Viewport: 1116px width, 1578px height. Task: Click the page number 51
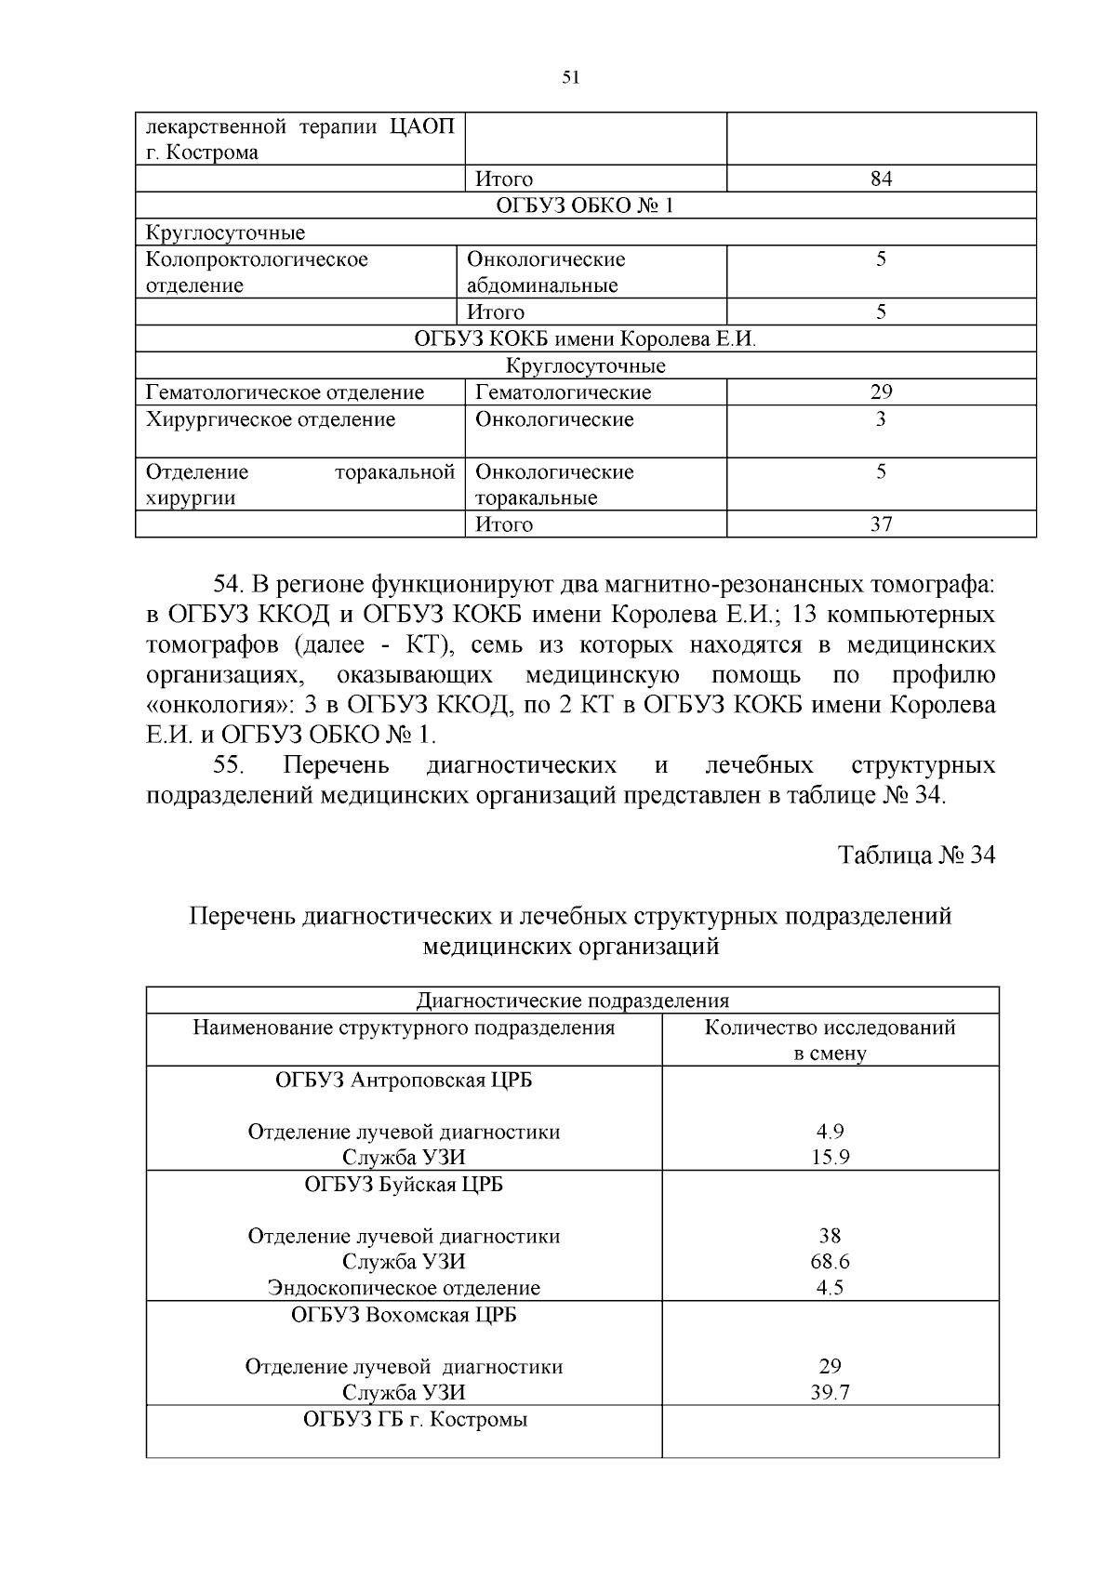click(x=571, y=78)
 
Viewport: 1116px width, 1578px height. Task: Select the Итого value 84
click(x=881, y=179)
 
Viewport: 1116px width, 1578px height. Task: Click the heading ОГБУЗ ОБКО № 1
click(x=586, y=206)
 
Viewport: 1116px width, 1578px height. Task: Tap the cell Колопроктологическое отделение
click(x=258, y=272)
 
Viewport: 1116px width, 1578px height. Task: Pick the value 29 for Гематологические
click(x=881, y=392)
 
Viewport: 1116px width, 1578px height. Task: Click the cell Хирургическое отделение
click(x=271, y=420)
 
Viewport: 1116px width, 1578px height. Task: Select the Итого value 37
click(x=881, y=524)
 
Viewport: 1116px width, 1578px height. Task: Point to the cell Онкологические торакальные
click(x=554, y=484)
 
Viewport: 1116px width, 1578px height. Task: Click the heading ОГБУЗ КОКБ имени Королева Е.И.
click(x=586, y=338)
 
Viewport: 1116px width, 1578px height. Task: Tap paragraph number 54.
click(x=229, y=585)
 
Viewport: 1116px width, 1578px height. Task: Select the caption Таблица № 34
click(x=916, y=855)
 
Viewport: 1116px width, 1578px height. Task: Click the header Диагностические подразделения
click(x=572, y=1001)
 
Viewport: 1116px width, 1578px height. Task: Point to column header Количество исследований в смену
click(x=830, y=1040)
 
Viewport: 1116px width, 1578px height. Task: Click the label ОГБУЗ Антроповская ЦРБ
click(x=404, y=1081)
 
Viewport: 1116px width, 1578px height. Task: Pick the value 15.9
click(x=830, y=1158)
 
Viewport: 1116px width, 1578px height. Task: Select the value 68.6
click(x=830, y=1262)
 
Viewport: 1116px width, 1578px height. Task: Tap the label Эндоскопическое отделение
click(x=404, y=1288)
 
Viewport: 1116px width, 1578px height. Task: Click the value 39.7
click(x=830, y=1392)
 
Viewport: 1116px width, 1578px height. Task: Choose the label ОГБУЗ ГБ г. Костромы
click(x=415, y=1420)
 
